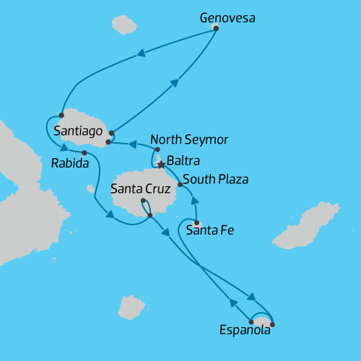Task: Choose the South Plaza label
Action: click(215, 178)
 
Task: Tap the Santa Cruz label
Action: click(141, 189)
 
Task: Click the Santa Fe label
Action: click(210, 231)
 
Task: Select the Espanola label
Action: click(245, 331)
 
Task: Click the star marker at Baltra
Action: click(160, 165)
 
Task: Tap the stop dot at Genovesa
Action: click(216, 29)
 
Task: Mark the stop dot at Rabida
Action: click(84, 153)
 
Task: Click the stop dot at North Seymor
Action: click(158, 149)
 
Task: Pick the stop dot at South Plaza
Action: click(180, 185)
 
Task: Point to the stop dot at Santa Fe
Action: click(196, 222)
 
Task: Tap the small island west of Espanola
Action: click(131, 306)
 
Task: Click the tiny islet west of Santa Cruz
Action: click(90, 189)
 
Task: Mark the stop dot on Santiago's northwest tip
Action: click(61, 115)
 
